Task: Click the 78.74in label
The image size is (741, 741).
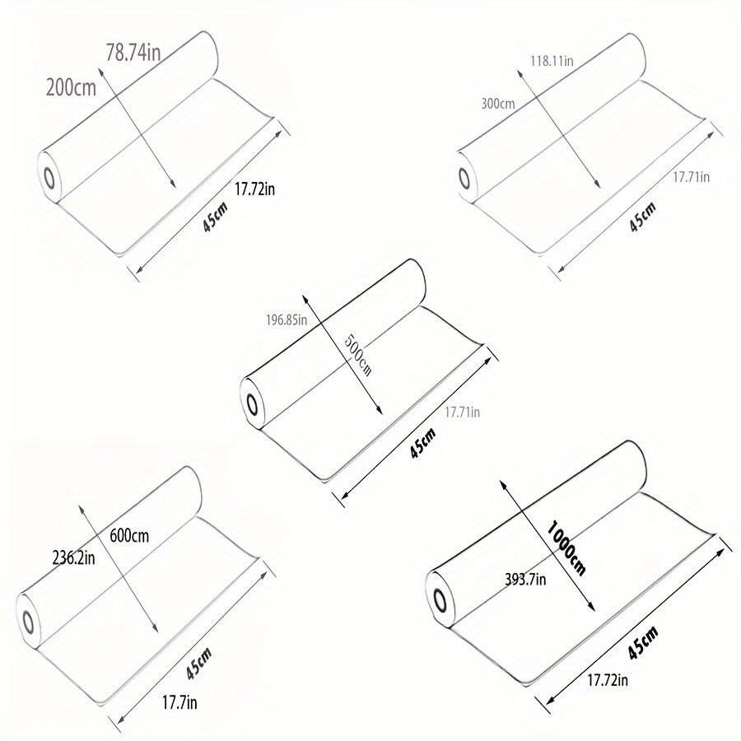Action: [x=133, y=52]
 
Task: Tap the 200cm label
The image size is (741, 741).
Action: [x=71, y=88]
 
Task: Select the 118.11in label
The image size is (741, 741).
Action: [x=552, y=61]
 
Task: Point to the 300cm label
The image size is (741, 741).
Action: [x=498, y=104]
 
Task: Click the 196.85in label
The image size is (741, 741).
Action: [x=287, y=320]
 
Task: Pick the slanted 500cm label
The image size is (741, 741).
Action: [x=358, y=354]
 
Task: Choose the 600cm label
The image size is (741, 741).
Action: [x=129, y=536]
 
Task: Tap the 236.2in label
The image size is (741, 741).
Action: [x=73, y=558]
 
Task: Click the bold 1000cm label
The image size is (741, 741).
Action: [x=566, y=548]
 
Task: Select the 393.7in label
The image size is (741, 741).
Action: [x=525, y=579]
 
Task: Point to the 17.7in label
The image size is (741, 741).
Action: [x=179, y=703]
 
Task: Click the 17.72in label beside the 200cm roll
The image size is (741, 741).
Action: [x=254, y=189]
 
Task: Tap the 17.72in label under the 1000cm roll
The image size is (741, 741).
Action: [x=608, y=680]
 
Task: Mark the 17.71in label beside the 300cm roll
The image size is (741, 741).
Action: [x=692, y=177]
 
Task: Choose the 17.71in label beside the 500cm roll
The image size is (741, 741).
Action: [x=462, y=412]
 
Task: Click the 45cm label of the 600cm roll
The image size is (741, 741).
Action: [x=198, y=664]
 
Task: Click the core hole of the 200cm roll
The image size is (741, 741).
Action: [x=49, y=179]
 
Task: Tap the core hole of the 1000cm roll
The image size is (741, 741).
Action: [x=440, y=600]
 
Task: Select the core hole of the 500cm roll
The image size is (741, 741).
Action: [x=253, y=405]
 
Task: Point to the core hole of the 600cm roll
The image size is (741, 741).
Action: [x=27, y=622]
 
